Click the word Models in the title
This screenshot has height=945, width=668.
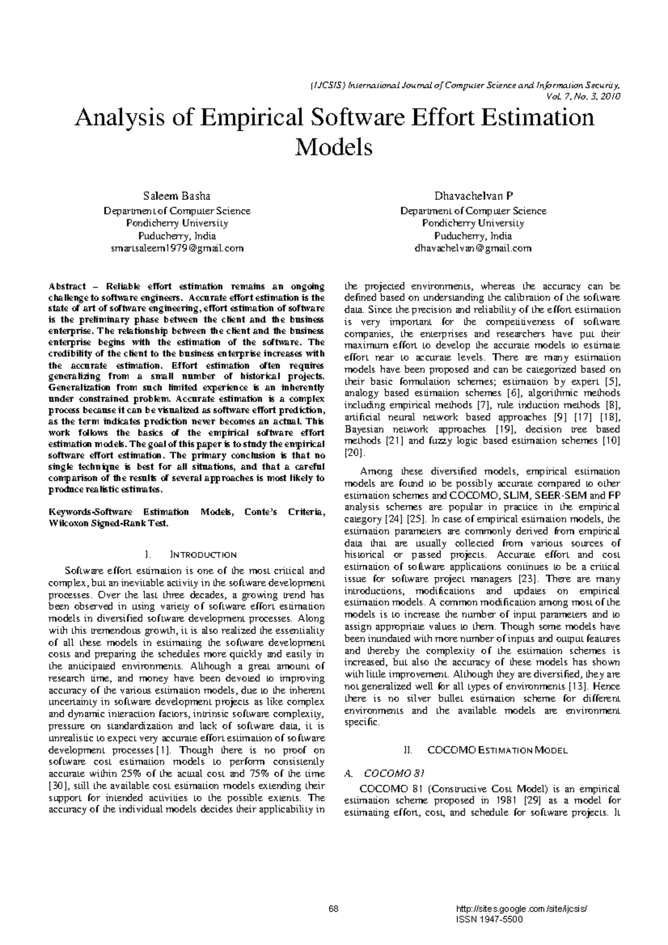[x=333, y=147]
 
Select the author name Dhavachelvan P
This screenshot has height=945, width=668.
[x=473, y=196]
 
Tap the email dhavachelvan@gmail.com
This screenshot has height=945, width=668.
[x=473, y=248]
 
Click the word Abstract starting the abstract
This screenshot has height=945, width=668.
[x=67, y=287]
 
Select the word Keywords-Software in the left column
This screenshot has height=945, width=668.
[x=91, y=512]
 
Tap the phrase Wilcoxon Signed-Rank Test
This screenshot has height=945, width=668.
[x=109, y=524]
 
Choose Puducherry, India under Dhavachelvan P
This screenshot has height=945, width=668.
[x=473, y=236]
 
